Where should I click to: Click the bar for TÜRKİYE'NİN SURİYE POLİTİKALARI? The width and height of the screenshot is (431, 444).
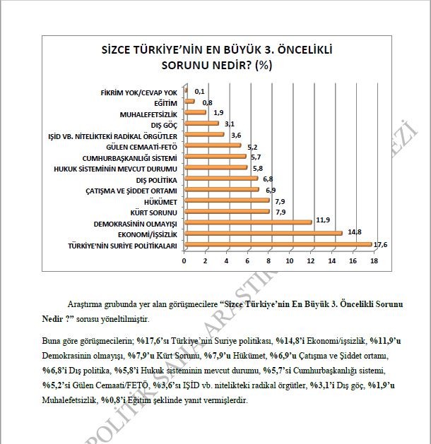point(278,245)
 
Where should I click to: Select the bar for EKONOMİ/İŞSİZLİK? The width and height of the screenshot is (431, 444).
point(263,233)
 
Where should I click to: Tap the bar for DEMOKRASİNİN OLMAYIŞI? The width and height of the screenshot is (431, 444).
point(247,222)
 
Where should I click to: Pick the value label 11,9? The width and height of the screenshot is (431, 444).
point(323,220)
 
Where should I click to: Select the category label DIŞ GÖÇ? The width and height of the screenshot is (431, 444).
point(164,124)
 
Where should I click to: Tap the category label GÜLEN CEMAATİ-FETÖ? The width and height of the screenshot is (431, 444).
point(143,146)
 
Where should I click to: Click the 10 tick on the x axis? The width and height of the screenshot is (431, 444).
point(289,261)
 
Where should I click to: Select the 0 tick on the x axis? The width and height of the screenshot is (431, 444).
point(184,261)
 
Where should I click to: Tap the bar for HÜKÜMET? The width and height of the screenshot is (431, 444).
point(226,200)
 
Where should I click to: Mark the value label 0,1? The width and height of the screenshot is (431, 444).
point(199,91)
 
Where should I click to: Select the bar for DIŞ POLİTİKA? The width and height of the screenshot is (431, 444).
point(220,179)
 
